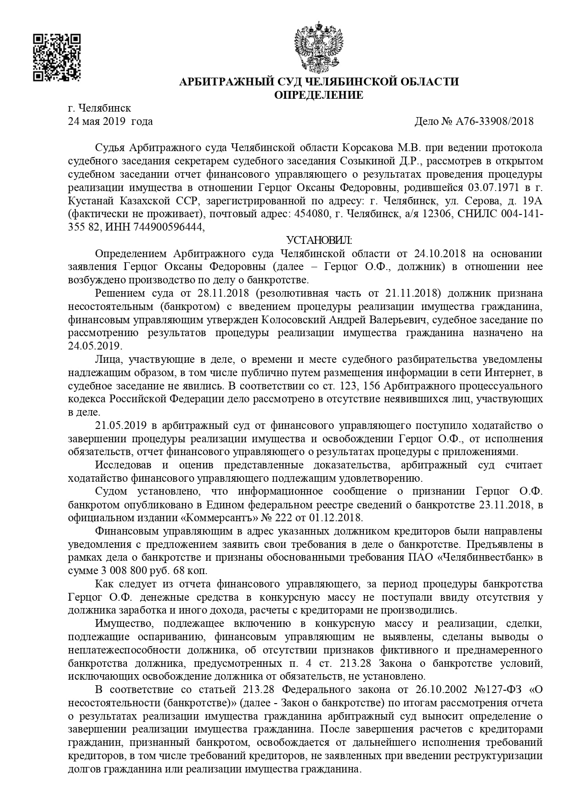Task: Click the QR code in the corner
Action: click(57, 57)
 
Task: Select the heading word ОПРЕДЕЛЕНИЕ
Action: click(318, 96)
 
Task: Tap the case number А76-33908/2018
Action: click(495, 122)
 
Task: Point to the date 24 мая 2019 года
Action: click(110, 122)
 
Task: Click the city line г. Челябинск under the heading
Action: click(99, 108)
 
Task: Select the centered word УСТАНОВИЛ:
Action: click(319, 240)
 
